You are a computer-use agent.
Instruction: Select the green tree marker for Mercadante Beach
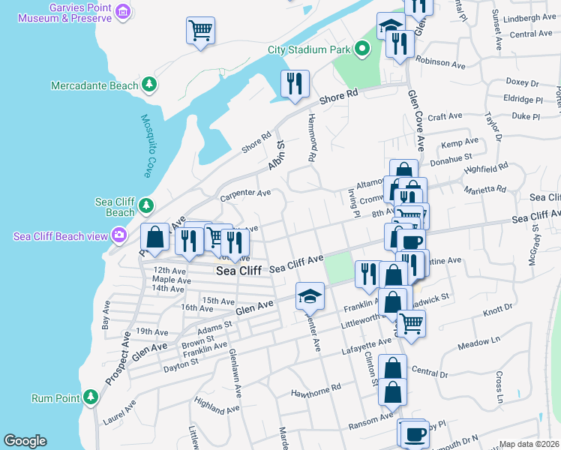coord(149,85)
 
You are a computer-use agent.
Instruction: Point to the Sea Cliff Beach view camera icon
coord(118,236)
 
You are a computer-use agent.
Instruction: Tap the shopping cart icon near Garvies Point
coord(200,31)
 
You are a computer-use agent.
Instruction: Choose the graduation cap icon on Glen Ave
coord(309,295)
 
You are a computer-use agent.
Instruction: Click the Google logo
coord(25,441)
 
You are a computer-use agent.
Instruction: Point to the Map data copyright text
coord(529,444)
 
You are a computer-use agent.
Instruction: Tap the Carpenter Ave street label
coord(244,194)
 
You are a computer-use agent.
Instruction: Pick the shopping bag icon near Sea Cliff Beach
coord(154,237)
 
